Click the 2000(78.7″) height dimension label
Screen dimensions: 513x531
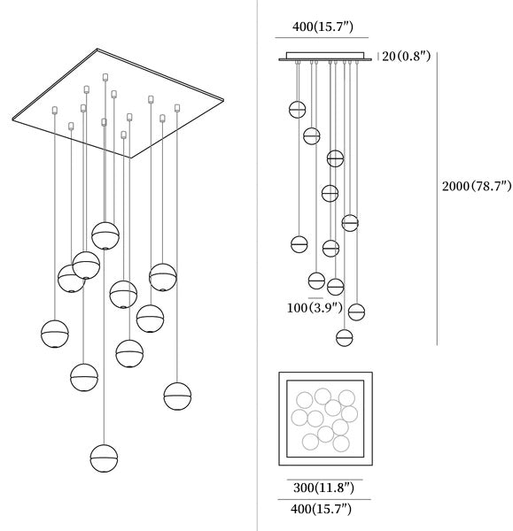tap(477, 186)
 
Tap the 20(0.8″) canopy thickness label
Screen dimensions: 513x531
tap(406, 56)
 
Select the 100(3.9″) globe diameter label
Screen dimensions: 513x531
tap(315, 308)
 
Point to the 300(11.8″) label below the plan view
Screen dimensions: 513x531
tap(323, 488)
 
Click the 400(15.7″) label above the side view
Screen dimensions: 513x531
tap(323, 27)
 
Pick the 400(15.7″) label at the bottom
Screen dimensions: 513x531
tap(321, 509)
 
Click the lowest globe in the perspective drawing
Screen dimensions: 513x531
tap(104, 458)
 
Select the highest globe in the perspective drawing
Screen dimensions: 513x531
tap(105, 235)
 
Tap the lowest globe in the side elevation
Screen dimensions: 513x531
tap(345, 338)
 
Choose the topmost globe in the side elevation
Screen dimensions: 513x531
tap(298, 110)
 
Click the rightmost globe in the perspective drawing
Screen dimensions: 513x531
tap(177, 396)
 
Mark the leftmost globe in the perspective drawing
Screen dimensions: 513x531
tap(55, 334)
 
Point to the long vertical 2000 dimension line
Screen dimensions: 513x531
tap(437, 199)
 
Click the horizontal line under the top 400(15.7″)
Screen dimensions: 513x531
tap(322, 37)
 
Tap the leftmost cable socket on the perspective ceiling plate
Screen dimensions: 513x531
tap(55, 110)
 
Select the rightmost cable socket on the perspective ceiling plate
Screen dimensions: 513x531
tap(177, 108)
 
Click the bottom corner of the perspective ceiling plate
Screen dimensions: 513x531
tap(131, 158)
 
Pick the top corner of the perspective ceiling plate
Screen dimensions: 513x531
tap(97, 49)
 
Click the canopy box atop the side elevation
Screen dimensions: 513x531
tap(325, 56)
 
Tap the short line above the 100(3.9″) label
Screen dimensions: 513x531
tap(315, 298)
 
